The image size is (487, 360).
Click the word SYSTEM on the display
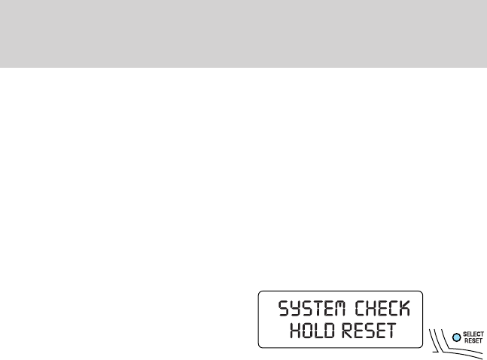click(312, 308)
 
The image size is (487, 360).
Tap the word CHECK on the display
click(382, 308)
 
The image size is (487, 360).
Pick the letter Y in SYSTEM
click(295, 308)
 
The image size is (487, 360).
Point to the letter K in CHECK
click(406, 308)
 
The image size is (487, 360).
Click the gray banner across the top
click(243, 33)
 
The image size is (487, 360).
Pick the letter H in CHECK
click(370, 308)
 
